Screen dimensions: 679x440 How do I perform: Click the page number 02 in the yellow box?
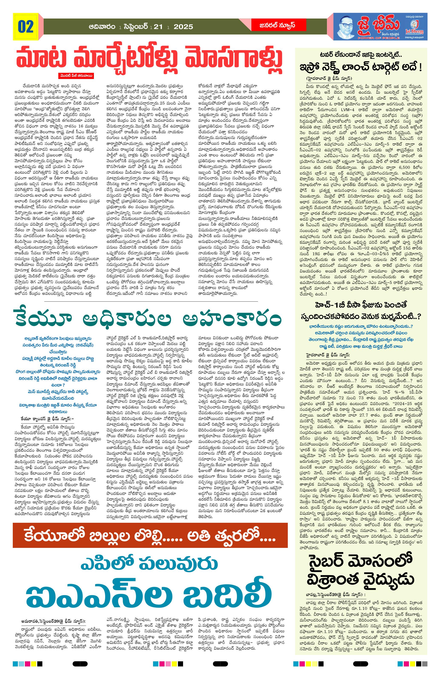[x=26, y=27]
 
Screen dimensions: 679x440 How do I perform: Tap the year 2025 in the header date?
[x=183, y=27]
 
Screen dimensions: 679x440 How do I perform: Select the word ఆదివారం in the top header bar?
[x=102, y=27]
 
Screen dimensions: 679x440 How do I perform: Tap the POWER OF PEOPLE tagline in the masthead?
[x=379, y=38]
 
